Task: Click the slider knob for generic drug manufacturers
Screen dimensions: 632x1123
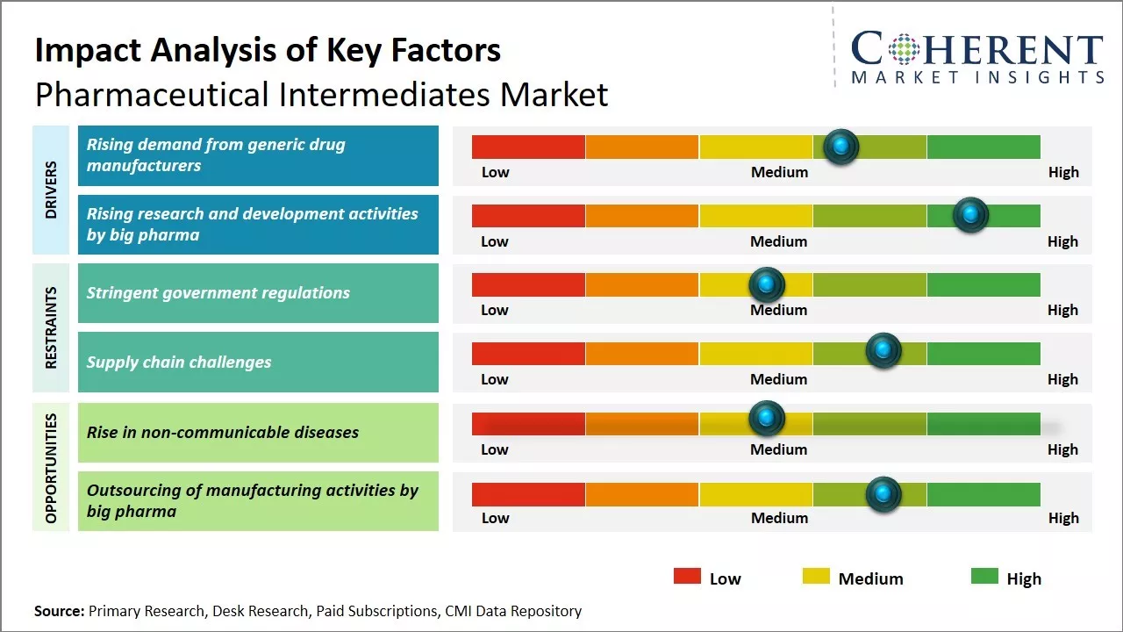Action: [x=841, y=147]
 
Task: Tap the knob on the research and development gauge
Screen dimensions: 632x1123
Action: [x=970, y=215]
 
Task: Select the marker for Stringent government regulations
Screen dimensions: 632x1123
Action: [x=767, y=284]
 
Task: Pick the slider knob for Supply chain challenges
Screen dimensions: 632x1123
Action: [x=883, y=350]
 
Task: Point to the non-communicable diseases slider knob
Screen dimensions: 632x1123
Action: [x=767, y=418]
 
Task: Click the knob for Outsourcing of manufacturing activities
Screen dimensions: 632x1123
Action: [x=883, y=494]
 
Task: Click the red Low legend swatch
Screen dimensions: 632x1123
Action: [x=687, y=577]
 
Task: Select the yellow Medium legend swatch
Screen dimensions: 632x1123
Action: [x=816, y=577]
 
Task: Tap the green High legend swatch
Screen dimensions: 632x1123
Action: [x=984, y=577]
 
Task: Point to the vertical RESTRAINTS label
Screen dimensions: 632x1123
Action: [x=51, y=327]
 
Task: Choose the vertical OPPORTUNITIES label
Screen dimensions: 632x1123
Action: [x=51, y=468]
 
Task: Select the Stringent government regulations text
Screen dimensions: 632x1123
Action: [x=218, y=293]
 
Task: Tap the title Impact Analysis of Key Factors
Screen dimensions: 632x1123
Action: [x=268, y=51]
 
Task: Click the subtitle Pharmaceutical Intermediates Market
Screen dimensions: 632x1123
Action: [x=321, y=94]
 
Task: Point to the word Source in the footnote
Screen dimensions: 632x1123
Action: [x=60, y=611]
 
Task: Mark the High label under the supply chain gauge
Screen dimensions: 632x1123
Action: [x=1062, y=379]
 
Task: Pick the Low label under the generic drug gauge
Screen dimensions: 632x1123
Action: [x=495, y=172]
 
